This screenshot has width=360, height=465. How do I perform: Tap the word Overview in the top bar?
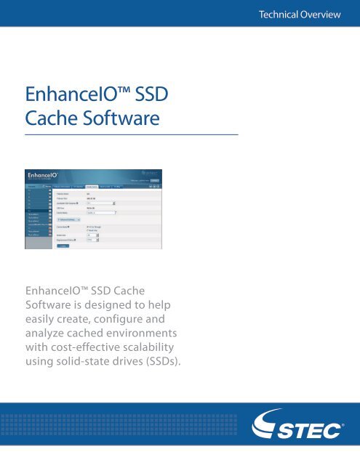click(325, 15)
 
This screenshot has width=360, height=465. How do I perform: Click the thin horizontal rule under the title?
click(132, 135)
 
